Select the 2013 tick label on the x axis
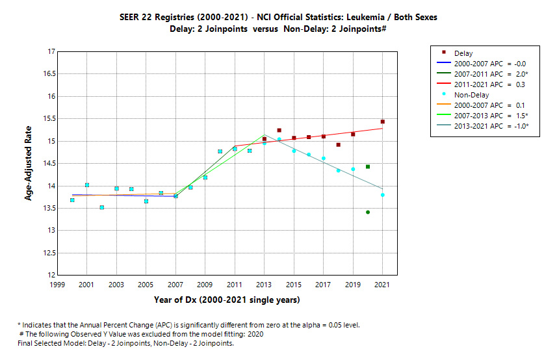[264, 285]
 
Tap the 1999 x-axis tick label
[57, 285]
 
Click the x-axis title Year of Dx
[227, 300]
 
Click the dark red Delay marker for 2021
[383, 122]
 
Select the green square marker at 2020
[368, 167]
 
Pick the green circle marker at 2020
[368, 212]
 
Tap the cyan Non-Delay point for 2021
[383, 195]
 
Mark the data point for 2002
[102, 207]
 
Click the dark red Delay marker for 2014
[279, 131]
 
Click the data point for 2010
[220, 151]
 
